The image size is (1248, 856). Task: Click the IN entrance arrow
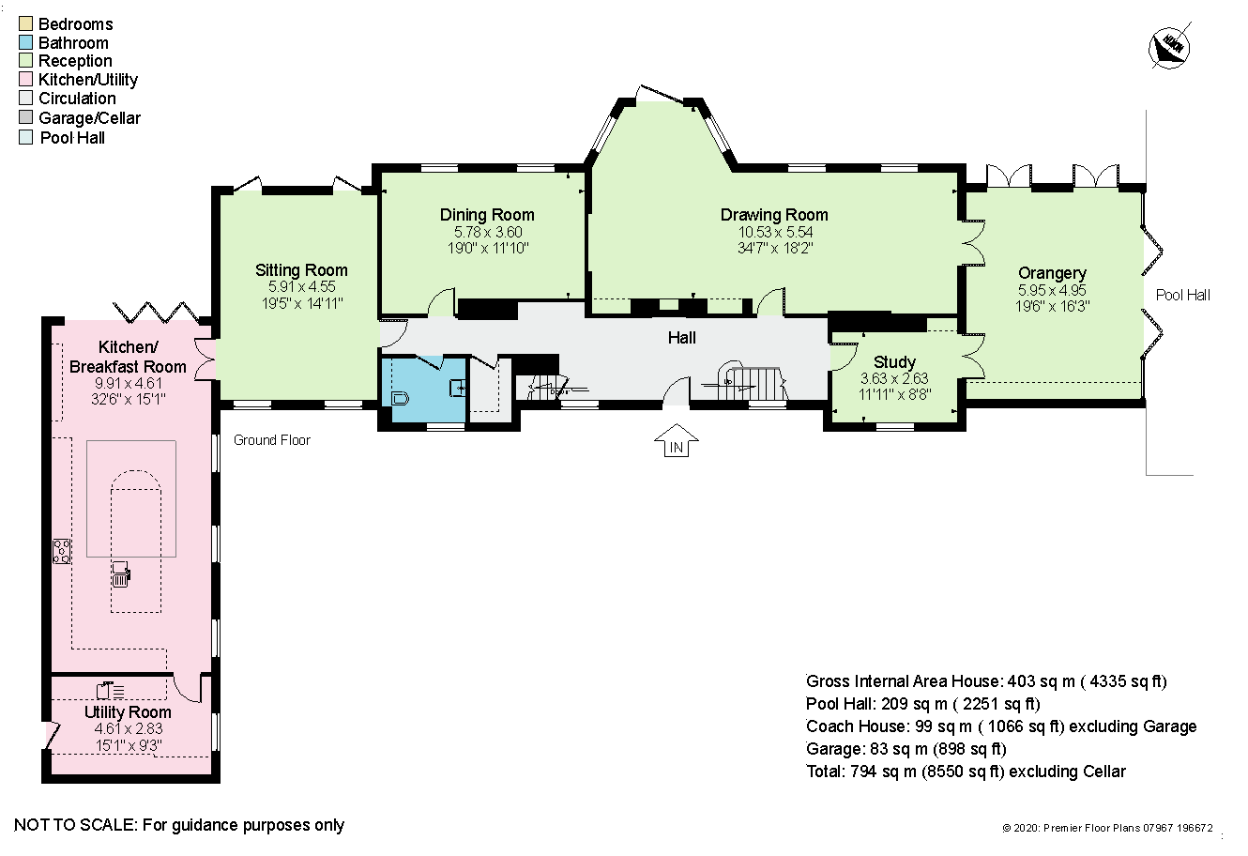[x=676, y=441]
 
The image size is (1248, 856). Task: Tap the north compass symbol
[x=1169, y=50]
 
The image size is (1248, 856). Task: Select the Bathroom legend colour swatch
[x=25, y=42]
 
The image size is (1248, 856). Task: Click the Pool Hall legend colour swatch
[x=25, y=137]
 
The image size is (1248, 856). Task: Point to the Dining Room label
[x=487, y=215]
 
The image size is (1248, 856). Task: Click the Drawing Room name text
[x=774, y=215]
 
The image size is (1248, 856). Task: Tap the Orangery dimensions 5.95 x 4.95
[x=1052, y=290]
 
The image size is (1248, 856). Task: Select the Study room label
[x=894, y=362]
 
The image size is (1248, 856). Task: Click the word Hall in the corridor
[x=682, y=337]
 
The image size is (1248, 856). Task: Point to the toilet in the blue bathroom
[x=400, y=398]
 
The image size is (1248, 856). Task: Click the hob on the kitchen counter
[x=61, y=551]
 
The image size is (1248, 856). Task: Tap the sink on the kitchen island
[x=121, y=574]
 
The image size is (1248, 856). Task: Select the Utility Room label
[x=128, y=712]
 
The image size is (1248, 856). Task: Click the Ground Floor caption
[x=272, y=439]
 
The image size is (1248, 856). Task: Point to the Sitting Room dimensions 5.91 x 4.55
[x=301, y=286]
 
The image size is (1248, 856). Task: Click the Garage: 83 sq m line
[x=906, y=748]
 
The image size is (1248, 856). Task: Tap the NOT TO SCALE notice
[x=179, y=825]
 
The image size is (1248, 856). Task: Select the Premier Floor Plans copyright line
[x=1107, y=828]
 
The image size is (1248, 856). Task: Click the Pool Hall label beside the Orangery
[x=1183, y=295]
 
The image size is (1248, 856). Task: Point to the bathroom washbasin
[x=457, y=388]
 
